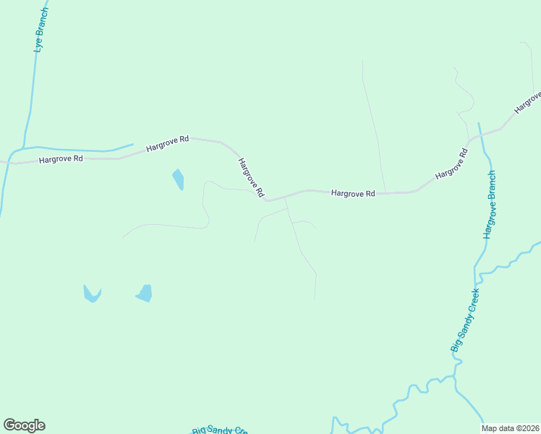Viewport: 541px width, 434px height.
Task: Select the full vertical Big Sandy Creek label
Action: coord(465,320)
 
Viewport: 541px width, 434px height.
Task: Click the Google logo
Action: coord(24,425)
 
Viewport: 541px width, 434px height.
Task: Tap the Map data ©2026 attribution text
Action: coord(510,428)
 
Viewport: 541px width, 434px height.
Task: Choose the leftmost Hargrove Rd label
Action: coord(61,158)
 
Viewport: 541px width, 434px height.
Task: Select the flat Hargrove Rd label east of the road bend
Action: coord(353,193)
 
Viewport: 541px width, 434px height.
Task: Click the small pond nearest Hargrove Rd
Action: coord(178,179)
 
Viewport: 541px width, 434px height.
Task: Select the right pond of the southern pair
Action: coord(145,293)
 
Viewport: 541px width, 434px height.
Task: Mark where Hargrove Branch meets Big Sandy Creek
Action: coord(475,269)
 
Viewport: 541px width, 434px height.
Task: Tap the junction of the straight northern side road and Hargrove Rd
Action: coord(385,193)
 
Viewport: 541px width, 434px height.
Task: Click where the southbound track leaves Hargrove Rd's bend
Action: coord(286,197)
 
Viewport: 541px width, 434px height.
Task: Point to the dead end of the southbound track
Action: coord(315,297)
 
